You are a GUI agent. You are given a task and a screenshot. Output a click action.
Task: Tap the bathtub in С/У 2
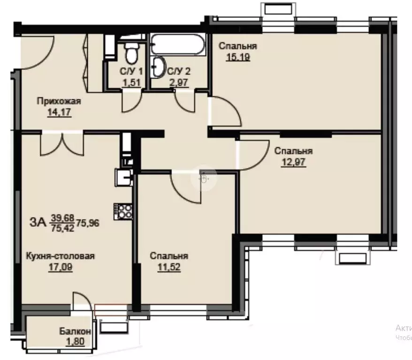(x=178, y=45)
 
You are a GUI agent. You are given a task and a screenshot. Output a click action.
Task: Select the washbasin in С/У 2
(x=158, y=67)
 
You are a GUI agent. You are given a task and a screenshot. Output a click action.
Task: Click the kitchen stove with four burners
(x=123, y=211)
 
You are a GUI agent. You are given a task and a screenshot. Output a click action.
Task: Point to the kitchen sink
(x=124, y=178)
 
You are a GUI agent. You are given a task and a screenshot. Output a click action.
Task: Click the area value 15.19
(x=238, y=57)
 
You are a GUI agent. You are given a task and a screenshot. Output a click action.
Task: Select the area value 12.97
(x=293, y=162)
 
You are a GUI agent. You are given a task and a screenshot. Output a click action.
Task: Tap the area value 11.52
(x=169, y=267)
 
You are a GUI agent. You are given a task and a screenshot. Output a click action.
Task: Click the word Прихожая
(x=59, y=101)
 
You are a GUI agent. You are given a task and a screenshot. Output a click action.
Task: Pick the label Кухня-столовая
(x=60, y=256)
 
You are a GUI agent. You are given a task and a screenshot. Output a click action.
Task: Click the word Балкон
(x=75, y=331)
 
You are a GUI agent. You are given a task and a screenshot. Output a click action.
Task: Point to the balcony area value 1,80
(x=76, y=342)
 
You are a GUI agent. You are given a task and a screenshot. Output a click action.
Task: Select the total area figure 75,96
(x=88, y=223)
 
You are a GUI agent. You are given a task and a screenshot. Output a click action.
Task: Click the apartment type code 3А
(x=38, y=223)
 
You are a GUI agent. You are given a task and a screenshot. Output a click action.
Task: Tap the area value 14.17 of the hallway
(x=59, y=112)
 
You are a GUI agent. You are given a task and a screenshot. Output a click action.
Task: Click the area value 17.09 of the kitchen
(x=61, y=267)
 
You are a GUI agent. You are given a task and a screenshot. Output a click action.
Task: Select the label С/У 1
(x=131, y=71)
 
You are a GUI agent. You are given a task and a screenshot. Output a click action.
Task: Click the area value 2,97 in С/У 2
(x=179, y=82)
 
